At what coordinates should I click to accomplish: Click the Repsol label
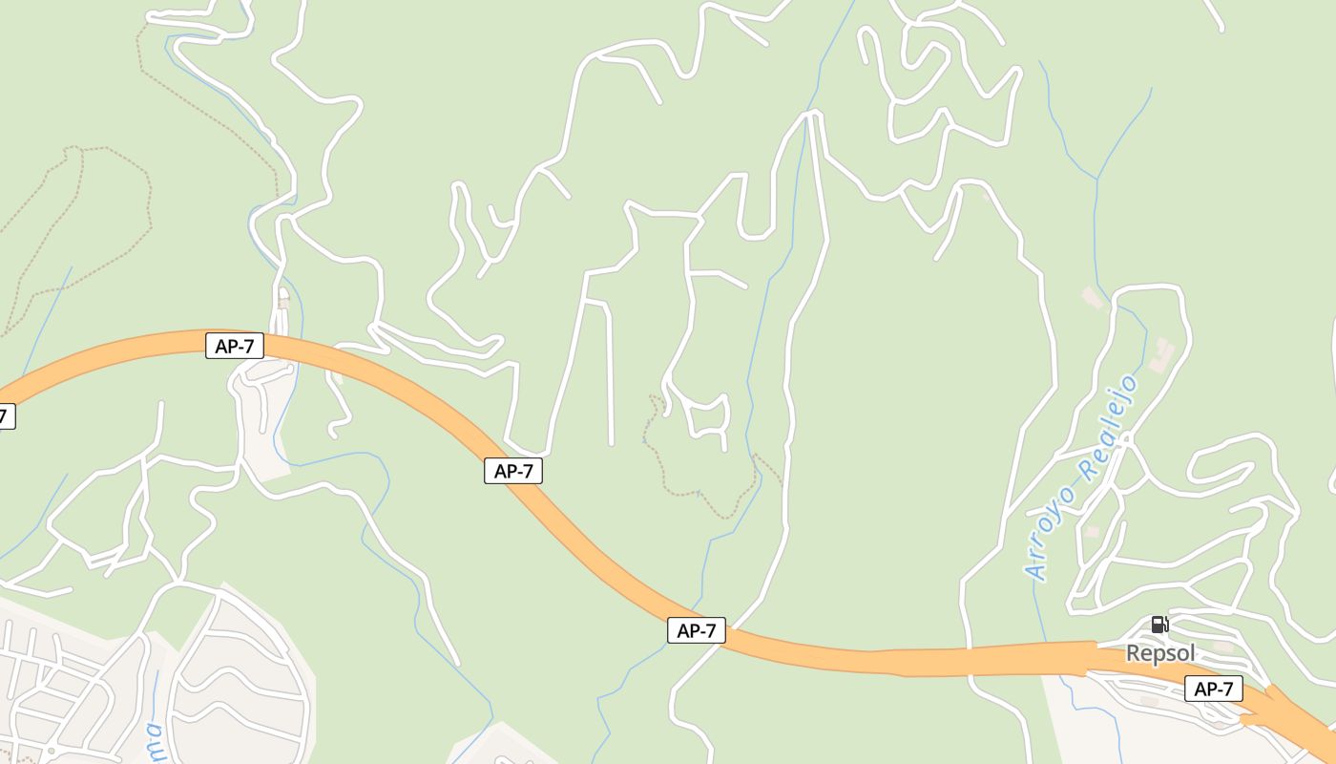coord(1161,653)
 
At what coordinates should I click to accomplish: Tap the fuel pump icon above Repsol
coord(1159,625)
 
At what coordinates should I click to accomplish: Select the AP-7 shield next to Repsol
coord(1214,689)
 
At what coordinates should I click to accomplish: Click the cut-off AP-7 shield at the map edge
coord(6,416)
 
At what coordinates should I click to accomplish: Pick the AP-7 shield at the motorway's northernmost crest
coord(235,346)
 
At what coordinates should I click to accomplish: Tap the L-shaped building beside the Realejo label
coord(1162,354)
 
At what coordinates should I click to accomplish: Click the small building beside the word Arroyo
coord(1092,531)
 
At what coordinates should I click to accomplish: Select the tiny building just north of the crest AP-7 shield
coord(283,303)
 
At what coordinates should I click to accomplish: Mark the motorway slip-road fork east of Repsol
coord(1274,702)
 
